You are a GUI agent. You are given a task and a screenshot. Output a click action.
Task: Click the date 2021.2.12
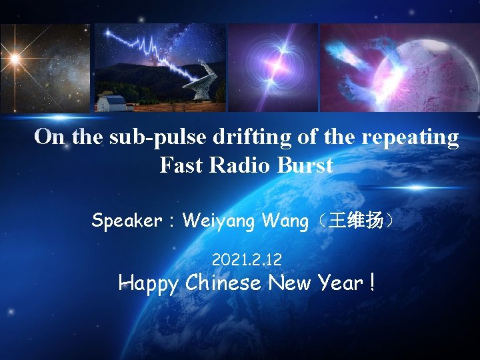pos(246,258)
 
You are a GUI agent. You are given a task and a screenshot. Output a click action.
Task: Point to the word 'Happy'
pos(149,283)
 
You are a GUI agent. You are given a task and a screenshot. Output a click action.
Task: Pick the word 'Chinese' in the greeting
pos(224,283)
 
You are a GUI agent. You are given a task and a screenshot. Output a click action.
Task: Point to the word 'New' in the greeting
pos(289,283)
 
